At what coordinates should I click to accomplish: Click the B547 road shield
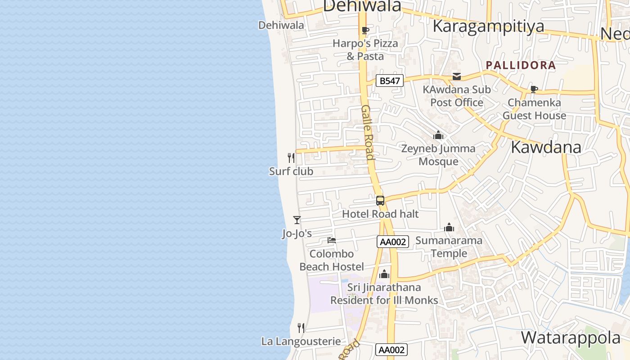390,81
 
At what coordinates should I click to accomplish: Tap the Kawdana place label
546,148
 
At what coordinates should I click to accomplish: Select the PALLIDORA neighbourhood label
521,65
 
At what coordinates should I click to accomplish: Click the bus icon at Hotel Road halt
380,201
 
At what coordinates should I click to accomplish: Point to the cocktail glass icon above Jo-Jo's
297,220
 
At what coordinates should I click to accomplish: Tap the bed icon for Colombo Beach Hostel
332,240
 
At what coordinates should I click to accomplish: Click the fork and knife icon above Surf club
291,158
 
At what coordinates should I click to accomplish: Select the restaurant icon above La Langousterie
301,328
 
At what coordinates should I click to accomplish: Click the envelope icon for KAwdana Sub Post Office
457,76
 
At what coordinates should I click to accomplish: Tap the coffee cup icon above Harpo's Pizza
365,31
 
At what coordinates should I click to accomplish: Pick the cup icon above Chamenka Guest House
534,89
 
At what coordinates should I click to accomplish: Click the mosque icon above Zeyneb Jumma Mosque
438,135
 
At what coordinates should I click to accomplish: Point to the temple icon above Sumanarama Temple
449,228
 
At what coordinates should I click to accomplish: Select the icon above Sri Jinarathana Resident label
384,274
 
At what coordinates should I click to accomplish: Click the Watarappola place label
571,337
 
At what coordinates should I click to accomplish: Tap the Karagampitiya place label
488,27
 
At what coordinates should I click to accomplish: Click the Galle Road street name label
368,132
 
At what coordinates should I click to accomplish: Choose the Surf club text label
291,171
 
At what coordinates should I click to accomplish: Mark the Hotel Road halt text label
380,214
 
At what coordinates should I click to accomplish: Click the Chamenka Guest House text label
534,109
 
